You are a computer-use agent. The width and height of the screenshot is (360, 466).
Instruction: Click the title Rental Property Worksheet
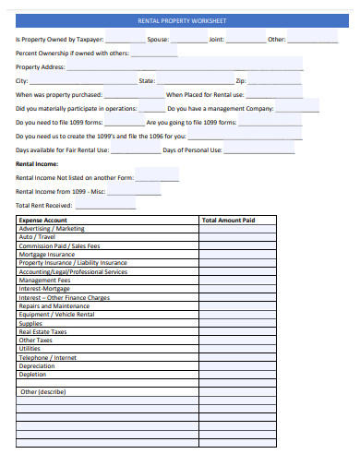coord(181,20)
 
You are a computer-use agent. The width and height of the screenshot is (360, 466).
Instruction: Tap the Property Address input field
coord(185,67)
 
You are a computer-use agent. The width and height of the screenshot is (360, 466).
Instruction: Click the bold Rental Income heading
coord(38,163)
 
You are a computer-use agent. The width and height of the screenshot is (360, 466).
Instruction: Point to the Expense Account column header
coord(42,221)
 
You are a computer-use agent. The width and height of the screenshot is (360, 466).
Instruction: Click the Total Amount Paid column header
coord(228,221)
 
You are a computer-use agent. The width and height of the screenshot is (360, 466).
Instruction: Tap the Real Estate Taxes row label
coord(43,332)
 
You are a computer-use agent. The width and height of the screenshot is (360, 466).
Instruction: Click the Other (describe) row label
coord(43,391)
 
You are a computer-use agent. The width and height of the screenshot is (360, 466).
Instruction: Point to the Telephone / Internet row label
coord(48,357)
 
